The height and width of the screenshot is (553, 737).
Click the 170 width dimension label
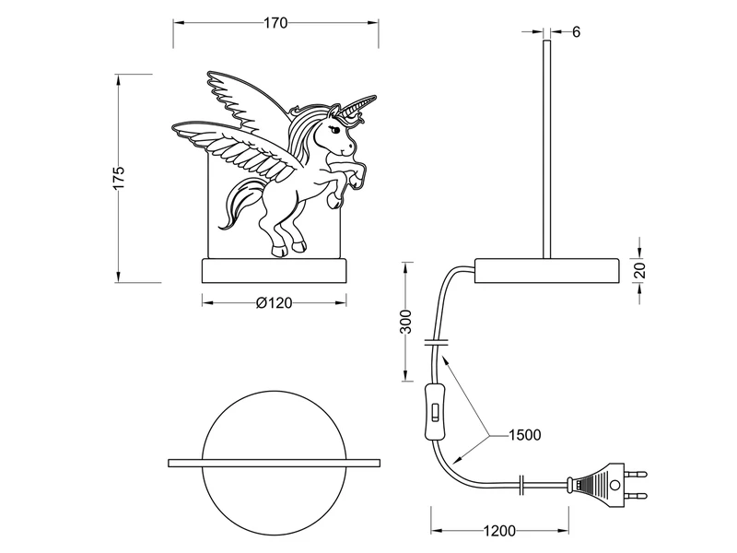(275, 23)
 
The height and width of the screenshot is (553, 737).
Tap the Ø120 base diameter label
(274, 304)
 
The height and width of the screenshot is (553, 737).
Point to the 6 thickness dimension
(576, 31)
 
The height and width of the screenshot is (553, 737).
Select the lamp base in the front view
(275, 272)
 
